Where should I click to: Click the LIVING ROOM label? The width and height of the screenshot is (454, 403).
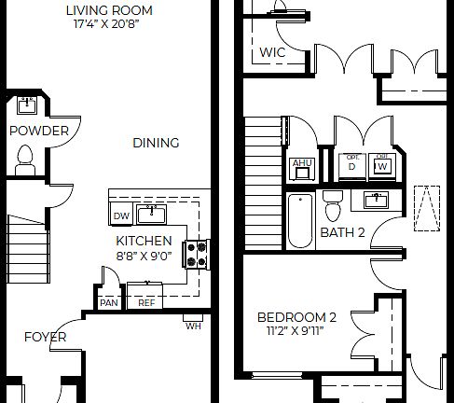pyautogui.click(x=109, y=10)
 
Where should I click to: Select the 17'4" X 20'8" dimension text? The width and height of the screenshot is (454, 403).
pyautogui.click(x=109, y=25)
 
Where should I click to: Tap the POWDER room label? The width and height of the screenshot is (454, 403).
pyautogui.click(x=38, y=131)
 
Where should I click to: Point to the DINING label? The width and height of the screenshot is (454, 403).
pyautogui.click(x=155, y=143)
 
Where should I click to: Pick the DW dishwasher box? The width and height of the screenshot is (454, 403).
pyautogui.click(x=121, y=215)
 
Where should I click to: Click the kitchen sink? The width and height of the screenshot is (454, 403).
pyautogui.click(x=151, y=215)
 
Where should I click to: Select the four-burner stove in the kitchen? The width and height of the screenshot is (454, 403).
pyautogui.click(x=198, y=252)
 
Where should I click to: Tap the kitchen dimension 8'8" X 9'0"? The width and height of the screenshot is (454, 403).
pyautogui.click(x=144, y=255)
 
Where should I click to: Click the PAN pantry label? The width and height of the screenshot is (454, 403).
pyautogui.click(x=109, y=302)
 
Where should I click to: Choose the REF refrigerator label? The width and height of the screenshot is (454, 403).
pyautogui.click(x=146, y=302)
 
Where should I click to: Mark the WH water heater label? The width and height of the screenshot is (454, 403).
pyautogui.click(x=193, y=326)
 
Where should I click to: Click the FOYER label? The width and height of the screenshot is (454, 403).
pyautogui.click(x=45, y=337)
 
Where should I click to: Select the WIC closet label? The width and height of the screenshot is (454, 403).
pyautogui.click(x=273, y=53)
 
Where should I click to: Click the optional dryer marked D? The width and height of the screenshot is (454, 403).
pyautogui.click(x=351, y=164)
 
